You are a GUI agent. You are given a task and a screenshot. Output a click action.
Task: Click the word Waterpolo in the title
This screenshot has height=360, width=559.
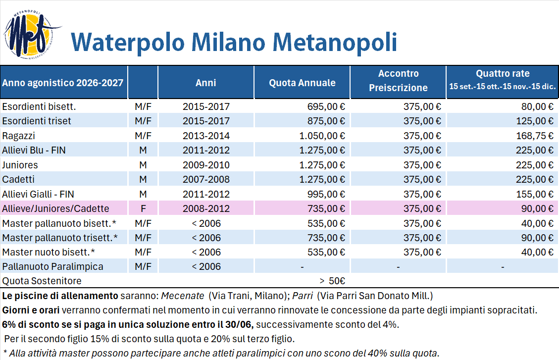128,43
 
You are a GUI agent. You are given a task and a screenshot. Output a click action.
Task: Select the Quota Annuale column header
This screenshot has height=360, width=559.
302,83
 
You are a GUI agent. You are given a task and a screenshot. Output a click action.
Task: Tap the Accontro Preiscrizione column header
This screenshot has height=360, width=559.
398,81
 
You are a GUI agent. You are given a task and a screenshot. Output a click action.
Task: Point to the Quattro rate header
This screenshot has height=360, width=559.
503,73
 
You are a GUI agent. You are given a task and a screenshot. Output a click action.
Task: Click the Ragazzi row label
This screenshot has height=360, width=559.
18,136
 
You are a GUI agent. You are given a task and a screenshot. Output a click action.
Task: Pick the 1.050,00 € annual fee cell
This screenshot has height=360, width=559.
322,136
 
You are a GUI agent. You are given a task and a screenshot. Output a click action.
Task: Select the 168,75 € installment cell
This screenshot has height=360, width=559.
534,136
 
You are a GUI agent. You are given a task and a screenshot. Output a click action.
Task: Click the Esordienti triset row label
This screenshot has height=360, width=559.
36,121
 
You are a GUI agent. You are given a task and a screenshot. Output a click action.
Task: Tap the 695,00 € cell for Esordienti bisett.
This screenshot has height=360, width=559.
326,106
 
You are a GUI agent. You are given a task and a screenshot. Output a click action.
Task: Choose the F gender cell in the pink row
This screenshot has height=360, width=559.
143,208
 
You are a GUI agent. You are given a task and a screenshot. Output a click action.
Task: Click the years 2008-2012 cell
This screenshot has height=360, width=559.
206,208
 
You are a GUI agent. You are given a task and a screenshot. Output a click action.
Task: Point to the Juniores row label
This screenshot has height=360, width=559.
20,165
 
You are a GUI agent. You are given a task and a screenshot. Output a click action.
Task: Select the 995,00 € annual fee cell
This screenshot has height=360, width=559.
326,194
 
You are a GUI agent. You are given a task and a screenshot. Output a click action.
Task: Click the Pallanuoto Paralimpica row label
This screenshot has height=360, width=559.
53,266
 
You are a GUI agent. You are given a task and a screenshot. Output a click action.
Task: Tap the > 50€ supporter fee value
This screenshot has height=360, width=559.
332,281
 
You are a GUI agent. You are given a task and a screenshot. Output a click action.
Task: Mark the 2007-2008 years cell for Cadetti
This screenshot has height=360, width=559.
206,179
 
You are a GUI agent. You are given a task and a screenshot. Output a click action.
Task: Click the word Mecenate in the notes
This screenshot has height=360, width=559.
183,296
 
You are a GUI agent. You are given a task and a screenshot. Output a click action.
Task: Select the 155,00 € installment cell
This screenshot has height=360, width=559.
534,194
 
